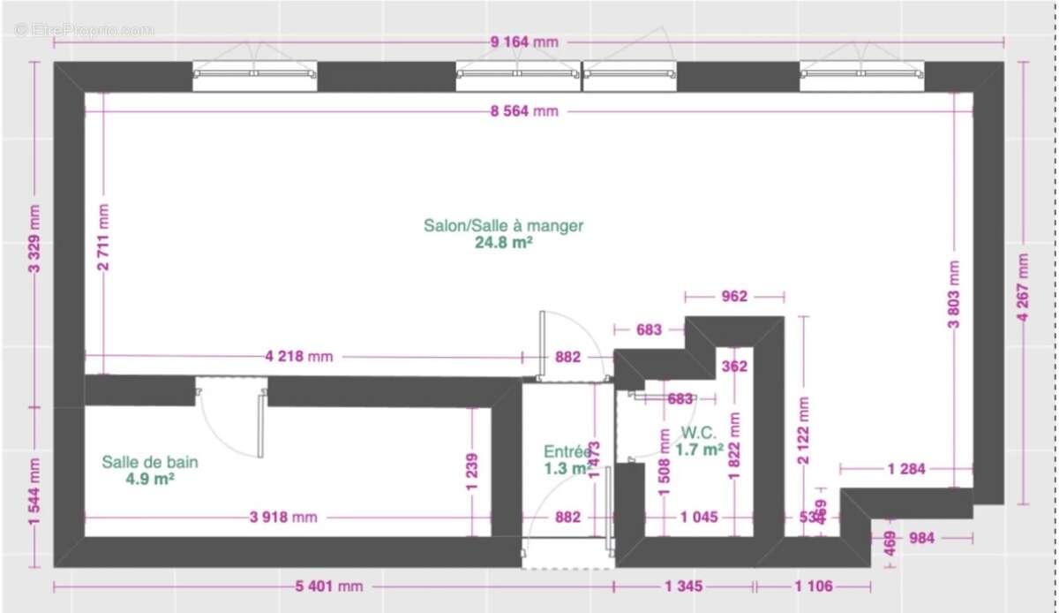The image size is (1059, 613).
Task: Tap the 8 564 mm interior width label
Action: (524, 111)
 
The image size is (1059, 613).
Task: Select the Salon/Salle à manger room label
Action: (503, 226)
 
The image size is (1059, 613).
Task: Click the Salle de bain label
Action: (150, 462)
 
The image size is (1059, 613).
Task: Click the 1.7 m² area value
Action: (699, 450)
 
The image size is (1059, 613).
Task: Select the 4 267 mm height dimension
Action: (1023, 288)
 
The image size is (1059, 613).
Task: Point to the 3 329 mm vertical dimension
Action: (34, 240)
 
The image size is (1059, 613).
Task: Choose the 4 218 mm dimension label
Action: (298, 357)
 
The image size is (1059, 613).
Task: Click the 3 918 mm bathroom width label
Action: (282, 518)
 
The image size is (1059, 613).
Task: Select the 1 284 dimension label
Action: (906, 469)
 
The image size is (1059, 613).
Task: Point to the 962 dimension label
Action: (734, 297)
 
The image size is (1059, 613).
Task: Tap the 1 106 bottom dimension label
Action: (813, 587)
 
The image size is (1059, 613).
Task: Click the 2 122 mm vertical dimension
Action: (803, 423)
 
